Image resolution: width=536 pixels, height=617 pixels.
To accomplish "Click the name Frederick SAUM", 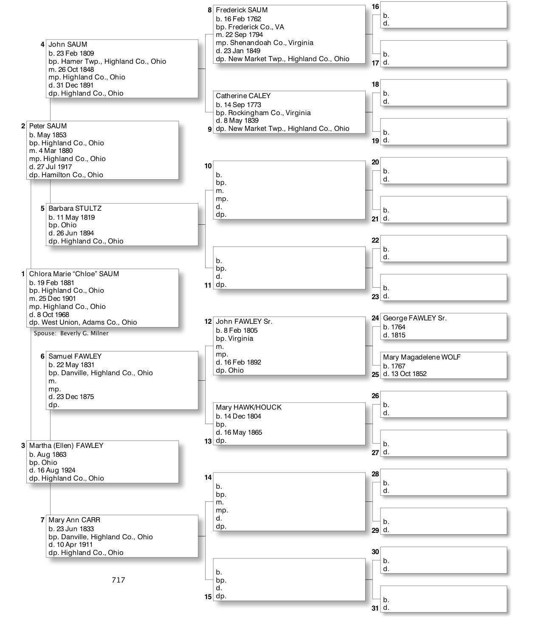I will [x=241, y=10].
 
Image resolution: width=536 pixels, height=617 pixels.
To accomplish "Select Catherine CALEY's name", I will [x=243, y=96].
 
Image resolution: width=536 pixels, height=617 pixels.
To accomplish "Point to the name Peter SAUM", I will [x=48, y=126].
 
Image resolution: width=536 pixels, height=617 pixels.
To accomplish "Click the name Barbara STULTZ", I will [x=75, y=209].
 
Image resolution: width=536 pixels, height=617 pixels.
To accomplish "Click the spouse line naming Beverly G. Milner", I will [x=71, y=334].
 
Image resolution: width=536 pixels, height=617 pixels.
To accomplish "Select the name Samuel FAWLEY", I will [x=75, y=357].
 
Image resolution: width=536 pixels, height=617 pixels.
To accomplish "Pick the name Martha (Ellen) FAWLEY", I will [x=66, y=446].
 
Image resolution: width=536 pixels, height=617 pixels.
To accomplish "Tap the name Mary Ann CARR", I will [x=74, y=520].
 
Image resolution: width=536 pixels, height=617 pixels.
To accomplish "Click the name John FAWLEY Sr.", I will [x=244, y=322].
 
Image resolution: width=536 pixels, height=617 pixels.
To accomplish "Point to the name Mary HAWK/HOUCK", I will [x=248, y=408].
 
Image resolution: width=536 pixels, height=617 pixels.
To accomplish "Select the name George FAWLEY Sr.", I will [x=415, y=318].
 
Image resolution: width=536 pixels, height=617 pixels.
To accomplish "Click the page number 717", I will [x=118, y=580].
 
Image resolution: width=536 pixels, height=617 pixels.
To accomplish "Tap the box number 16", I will [x=375, y=7].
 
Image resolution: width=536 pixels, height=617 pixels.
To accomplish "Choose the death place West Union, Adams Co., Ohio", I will [x=89, y=323].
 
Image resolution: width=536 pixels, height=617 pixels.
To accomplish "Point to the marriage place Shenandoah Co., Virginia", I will [x=271, y=43].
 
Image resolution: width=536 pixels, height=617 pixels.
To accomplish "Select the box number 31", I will [x=375, y=608].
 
